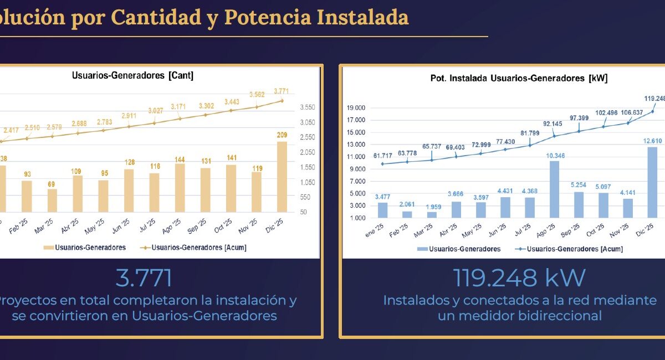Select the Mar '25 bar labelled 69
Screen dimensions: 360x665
(x=52, y=200)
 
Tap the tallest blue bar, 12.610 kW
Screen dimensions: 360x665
(x=652, y=182)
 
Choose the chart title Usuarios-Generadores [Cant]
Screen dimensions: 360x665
(x=132, y=76)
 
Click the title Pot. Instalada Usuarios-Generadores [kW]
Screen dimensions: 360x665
(x=519, y=79)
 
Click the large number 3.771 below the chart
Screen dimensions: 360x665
(x=144, y=278)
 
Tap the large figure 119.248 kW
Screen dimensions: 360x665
(x=519, y=278)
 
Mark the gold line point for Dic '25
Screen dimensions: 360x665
(x=282, y=100)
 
